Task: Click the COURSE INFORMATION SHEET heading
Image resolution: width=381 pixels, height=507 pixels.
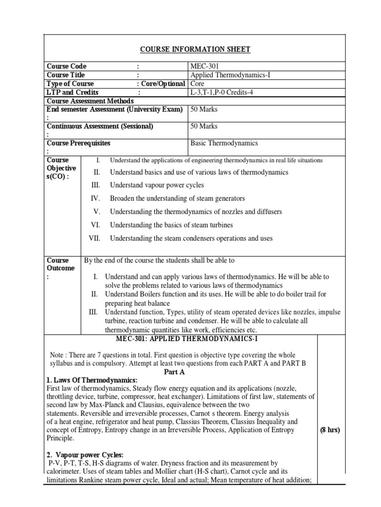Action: click(195, 49)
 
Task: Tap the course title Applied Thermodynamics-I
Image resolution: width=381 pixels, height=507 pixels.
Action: click(230, 75)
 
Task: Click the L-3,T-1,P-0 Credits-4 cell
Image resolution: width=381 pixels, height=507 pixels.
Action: click(230, 92)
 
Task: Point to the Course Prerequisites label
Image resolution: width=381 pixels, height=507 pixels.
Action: click(78, 143)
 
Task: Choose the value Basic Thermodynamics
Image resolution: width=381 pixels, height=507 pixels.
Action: click(224, 143)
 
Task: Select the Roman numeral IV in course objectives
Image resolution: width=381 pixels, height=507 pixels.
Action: click(95, 199)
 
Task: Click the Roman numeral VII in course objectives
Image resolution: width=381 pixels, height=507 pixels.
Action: click(94, 238)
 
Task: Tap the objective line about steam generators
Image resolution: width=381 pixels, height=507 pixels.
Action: click(177, 199)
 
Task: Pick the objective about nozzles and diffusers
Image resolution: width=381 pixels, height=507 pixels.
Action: click(195, 211)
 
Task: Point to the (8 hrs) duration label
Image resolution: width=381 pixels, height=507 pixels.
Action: click(330, 430)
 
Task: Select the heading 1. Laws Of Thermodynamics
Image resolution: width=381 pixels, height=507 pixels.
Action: click(91, 380)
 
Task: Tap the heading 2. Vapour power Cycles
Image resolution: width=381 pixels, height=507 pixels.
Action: click(85, 455)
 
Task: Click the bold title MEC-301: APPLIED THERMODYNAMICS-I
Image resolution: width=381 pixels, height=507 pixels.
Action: click(181, 339)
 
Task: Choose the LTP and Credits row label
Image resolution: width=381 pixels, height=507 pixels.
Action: click(72, 92)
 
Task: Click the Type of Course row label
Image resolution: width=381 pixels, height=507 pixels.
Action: click(70, 84)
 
